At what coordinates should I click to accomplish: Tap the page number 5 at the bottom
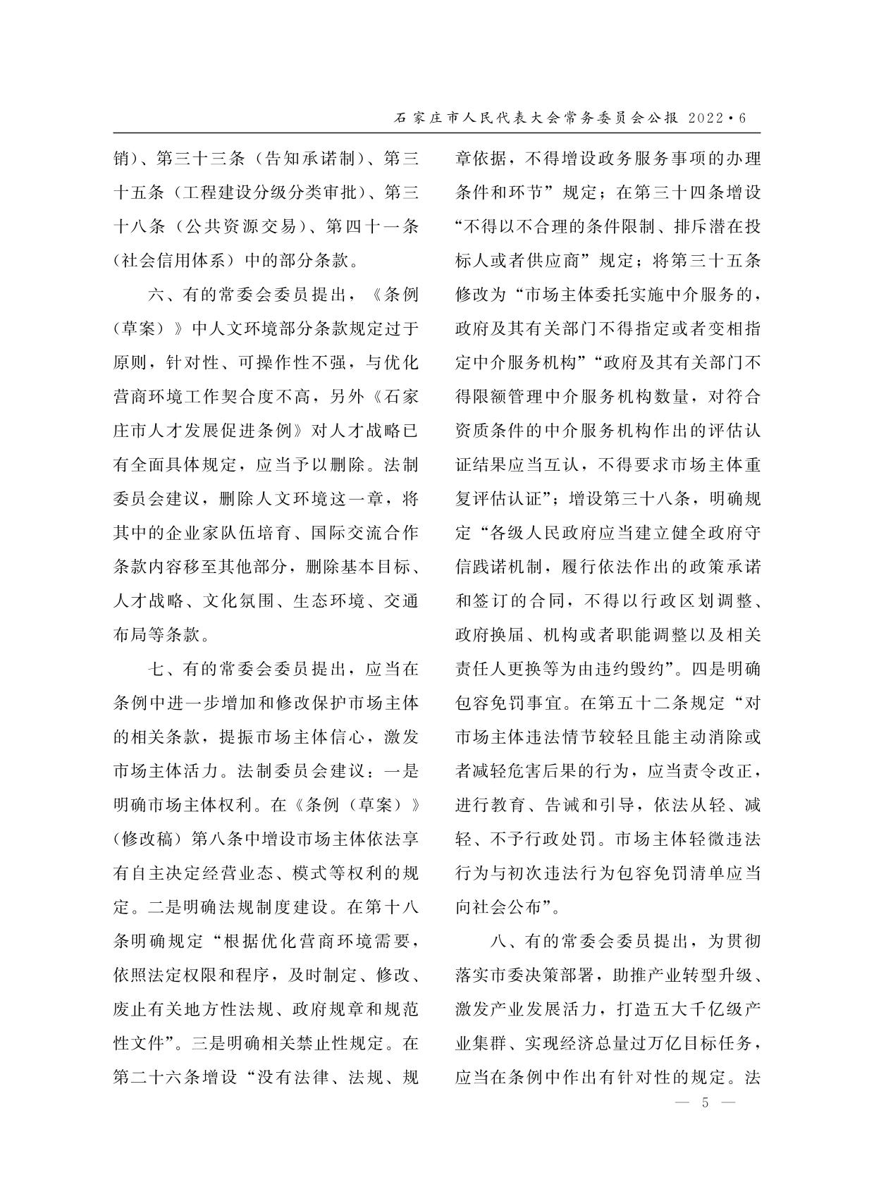704,1103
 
